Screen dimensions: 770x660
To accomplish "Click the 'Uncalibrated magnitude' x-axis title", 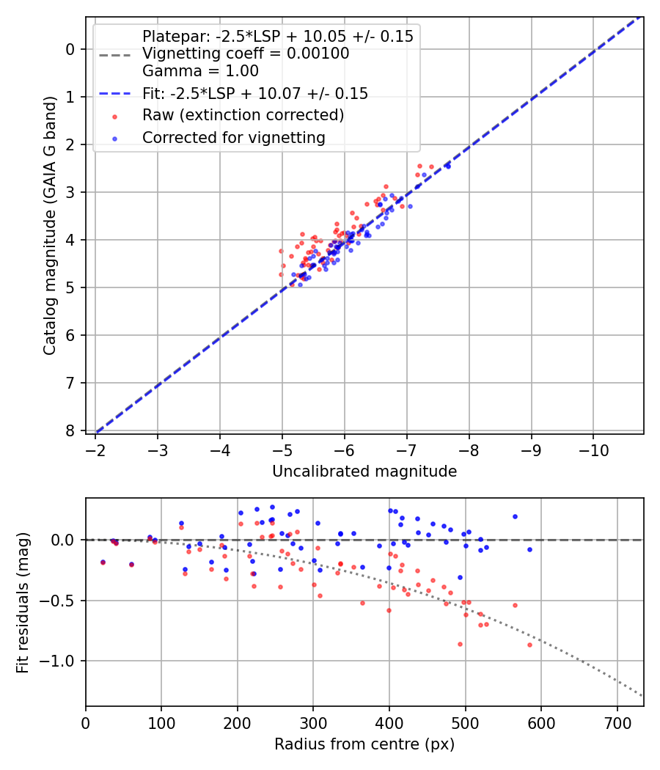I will pyautogui.click(x=364, y=472).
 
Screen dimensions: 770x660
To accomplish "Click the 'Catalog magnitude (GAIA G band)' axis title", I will pyautogui.click(x=50, y=225).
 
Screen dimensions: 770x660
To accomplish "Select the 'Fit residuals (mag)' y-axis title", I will pyautogui.click(x=23, y=602).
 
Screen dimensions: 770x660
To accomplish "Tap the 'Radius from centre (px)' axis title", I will pyautogui.click(x=364, y=744).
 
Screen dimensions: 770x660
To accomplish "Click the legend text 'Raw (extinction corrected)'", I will pyautogui.click(x=243, y=115).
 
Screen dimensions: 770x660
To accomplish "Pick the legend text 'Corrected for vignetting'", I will pyautogui.click(x=233, y=137).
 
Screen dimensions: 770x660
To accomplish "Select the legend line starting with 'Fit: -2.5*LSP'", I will pyautogui.click(x=254, y=93).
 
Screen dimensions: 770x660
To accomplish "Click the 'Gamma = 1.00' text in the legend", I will pyautogui.click(x=200, y=71).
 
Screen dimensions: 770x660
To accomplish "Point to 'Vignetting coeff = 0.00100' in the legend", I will pyautogui.click(x=246, y=54).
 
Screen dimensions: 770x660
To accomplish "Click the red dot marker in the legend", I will pyautogui.click(x=114, y=116).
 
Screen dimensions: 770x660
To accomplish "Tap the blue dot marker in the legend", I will pyautogui.click(x=114, y=138).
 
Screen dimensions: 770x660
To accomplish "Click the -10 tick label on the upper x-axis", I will pyautogui.click(x=593, y=449).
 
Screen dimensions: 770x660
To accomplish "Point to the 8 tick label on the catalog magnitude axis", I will pyautogui.click(x=70, y=430).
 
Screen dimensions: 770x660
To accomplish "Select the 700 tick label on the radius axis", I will pyautogui.click(x=617, y=722).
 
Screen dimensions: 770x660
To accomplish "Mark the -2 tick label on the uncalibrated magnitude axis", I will pyautogui.click(x=95, y=449).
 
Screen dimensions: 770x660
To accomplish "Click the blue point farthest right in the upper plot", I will pyautogui.click(x=447, y=166).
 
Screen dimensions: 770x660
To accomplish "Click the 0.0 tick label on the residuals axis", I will pyautogui.click(x=65, y=540).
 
